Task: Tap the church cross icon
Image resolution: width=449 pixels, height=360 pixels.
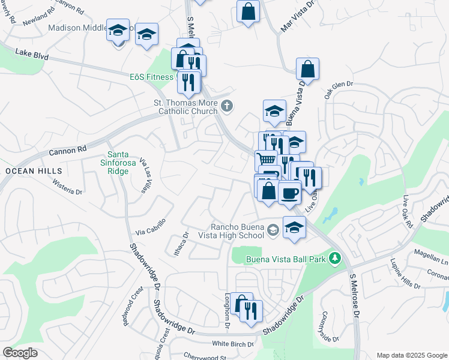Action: [226, 106]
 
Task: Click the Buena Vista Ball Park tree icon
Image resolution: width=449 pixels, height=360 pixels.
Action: [335, 259]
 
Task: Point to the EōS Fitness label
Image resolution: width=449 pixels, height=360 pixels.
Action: [151, 77]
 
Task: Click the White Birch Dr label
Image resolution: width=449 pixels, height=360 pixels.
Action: [234, 344]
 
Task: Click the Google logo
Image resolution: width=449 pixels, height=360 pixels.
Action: [20, 353]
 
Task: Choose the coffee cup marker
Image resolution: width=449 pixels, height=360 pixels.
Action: [289, 193]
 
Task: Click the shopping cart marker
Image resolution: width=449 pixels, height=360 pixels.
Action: [267, 160]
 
